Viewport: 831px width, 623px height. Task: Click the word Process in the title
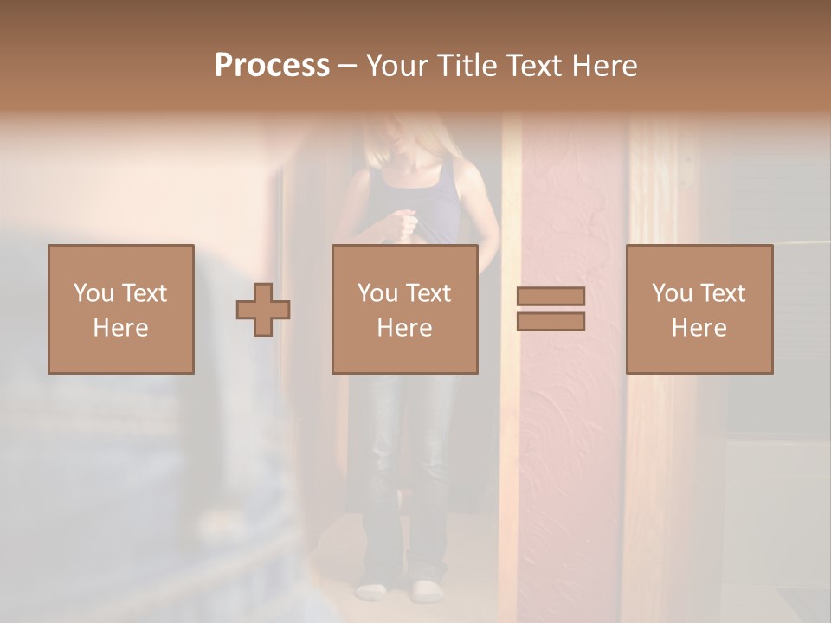point(272,65)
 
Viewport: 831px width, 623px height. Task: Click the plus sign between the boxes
point(263,310)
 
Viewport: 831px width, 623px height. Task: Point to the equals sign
point(551,309)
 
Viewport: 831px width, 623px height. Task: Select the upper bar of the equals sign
point(551,296)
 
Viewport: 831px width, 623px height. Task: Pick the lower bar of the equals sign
point(551,322)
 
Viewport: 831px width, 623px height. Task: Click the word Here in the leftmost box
point(120,328)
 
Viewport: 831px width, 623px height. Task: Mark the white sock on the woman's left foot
point(427,592)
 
